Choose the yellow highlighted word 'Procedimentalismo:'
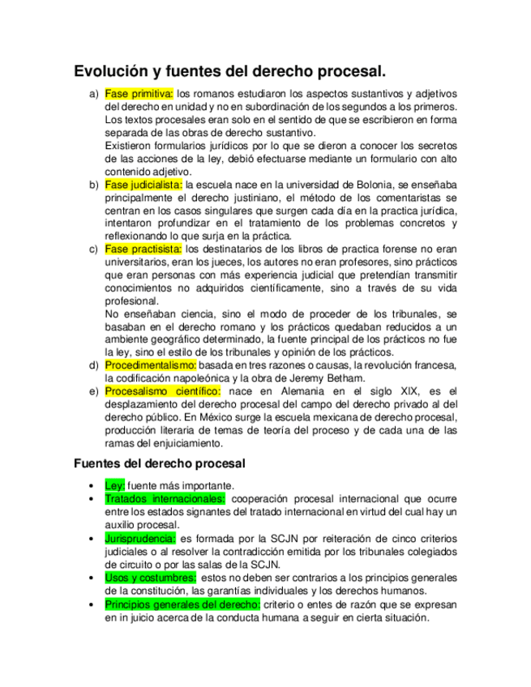tap(150, 366)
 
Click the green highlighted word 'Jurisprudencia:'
tap(140, 538)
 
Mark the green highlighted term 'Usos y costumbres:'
tap(150, 578)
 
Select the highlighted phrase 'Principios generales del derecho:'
tap(182, 604)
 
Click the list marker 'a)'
tap(92, 94)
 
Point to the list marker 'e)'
tap(92, 392)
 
